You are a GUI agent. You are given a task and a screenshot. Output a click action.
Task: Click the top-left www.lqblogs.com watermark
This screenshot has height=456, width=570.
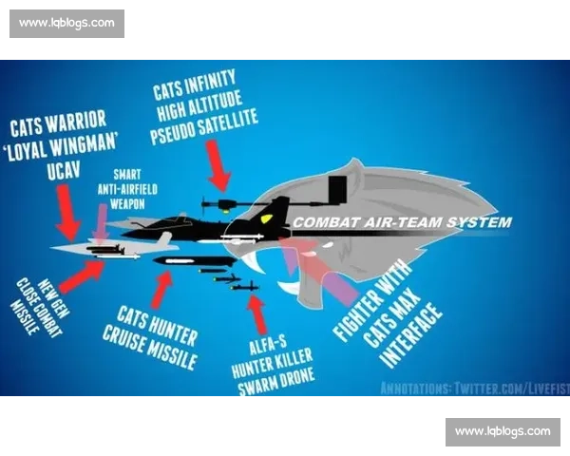tap(66, 23)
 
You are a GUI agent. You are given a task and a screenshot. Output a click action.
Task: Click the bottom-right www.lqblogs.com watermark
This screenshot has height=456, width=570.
tap(503, 431)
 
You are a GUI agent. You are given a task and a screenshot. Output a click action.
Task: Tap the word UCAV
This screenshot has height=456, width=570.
tap(64, 170)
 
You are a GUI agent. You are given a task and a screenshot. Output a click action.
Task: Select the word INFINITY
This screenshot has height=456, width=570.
tap(211, 82)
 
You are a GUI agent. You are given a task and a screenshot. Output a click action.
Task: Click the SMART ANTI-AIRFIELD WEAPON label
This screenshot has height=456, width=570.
tap(127, 189)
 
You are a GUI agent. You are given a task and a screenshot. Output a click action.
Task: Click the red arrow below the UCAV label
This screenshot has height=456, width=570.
tap(67, 212)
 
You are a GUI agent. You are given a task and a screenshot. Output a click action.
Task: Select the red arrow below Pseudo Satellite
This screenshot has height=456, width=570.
tap(218, 165)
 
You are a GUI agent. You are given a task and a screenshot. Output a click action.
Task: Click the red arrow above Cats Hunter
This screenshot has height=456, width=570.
tap(162, 290)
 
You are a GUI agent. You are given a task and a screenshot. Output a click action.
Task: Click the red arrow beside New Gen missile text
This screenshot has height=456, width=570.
tap(82, 275)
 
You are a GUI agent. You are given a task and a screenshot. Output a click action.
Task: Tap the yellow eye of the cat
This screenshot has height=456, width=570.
tap(266, 218)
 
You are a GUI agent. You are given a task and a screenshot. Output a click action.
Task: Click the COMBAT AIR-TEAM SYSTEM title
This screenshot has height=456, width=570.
tap(403, 222)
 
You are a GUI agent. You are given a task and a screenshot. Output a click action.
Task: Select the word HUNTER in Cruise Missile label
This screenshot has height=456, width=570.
tap(175, 332)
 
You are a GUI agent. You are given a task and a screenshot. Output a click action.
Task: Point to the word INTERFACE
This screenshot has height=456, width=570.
tap(411, 335)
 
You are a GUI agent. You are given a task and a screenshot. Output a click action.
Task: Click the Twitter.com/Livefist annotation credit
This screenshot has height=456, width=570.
tap(475, 389)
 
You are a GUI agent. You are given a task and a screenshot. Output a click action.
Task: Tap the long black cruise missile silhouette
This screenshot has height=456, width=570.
tap(195, 261)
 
